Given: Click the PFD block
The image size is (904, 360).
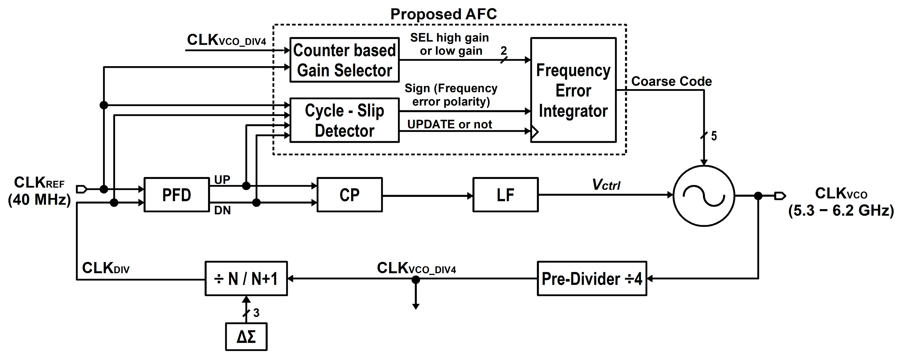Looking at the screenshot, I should [176, 195].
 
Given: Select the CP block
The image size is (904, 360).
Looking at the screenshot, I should [349, 195].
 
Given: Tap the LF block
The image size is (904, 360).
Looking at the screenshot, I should [505, 195].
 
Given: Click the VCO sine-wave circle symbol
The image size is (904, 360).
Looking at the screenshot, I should [704, 195].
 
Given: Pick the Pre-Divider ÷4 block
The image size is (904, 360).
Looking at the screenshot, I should [592, 278].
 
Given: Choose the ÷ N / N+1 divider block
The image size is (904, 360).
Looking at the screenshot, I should [246, 278].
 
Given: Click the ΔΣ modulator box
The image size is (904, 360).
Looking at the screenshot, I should [246, 337].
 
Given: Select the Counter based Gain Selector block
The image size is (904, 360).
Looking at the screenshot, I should [345, 60].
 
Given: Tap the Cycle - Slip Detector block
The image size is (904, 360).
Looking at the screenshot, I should [345, 120].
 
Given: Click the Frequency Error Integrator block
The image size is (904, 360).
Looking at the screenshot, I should [573, 90].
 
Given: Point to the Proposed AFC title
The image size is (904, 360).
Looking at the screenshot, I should [443, 14].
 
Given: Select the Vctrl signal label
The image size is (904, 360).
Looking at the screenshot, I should [606, 184].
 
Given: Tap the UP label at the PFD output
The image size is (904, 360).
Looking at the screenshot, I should [222, 180].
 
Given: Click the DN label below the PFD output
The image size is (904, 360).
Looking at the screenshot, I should [222, 210].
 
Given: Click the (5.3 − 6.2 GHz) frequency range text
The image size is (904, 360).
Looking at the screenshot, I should [841, 211].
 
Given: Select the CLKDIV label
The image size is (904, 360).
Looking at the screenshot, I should [106, 268].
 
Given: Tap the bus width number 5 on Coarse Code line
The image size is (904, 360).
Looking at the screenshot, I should [714, 136].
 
